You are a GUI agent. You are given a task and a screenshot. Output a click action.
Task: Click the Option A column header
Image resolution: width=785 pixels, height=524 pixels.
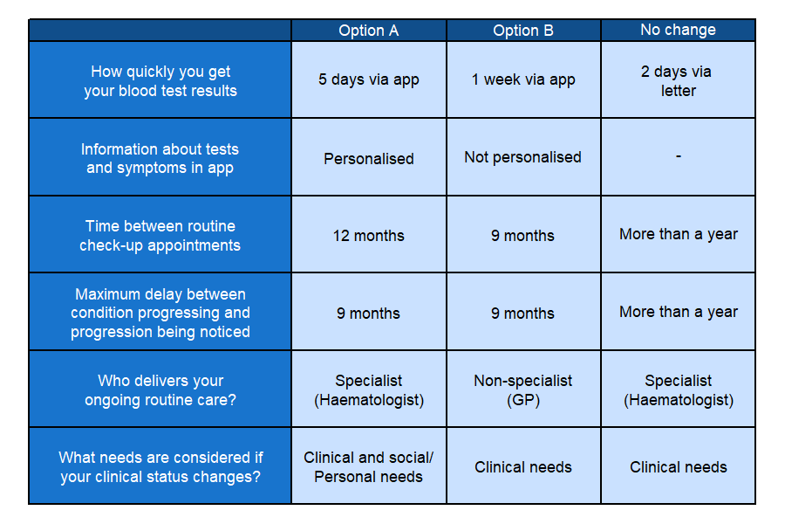click(368, 31)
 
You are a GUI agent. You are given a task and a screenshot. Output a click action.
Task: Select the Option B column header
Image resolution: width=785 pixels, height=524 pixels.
click(523, 31)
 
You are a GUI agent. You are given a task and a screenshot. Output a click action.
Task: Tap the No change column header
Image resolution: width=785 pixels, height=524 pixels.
click(678, 30)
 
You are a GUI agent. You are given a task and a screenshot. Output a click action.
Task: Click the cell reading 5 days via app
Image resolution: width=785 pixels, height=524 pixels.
click(368, 79)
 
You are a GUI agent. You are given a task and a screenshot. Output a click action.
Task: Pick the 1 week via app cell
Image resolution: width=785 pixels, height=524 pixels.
click(523, 79)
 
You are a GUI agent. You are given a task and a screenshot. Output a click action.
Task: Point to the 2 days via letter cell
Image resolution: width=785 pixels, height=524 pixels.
click(678, 80)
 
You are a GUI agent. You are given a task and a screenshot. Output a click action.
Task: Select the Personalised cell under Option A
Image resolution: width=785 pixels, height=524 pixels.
click(368, 158)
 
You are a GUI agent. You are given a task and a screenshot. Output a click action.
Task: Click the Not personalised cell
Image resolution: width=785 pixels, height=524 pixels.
click(523, 157)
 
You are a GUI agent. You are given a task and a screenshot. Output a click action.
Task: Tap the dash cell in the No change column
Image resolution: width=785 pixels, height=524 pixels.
click(678, 157)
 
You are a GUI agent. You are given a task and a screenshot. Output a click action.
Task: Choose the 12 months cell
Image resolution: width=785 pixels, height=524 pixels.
click(368, 235)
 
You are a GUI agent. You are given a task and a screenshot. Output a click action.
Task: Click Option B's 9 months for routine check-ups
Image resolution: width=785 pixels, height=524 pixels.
click(523, 235)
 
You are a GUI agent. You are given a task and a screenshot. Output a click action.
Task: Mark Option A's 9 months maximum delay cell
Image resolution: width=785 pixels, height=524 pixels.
click(368, 313)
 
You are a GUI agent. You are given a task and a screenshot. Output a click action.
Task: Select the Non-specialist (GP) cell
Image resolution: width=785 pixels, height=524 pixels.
click(523, 390)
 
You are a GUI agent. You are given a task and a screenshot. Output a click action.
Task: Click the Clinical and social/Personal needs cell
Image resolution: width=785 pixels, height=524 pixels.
click(368, 466)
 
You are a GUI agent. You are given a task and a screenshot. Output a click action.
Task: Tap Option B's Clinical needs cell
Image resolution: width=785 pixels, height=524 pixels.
click(523, 467)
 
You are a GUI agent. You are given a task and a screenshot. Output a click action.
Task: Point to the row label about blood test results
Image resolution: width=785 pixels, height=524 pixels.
click(160, 80)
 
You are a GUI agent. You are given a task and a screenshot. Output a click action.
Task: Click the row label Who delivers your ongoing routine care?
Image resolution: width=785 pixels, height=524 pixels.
click(160, 390)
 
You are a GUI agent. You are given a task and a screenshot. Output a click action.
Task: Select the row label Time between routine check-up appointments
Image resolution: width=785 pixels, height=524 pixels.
click(160, 235)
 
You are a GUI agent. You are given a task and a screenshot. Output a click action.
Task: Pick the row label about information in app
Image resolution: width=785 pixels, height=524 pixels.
click(160, 158)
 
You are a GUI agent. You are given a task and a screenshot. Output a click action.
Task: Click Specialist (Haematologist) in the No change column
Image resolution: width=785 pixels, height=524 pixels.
click(678, 390)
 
